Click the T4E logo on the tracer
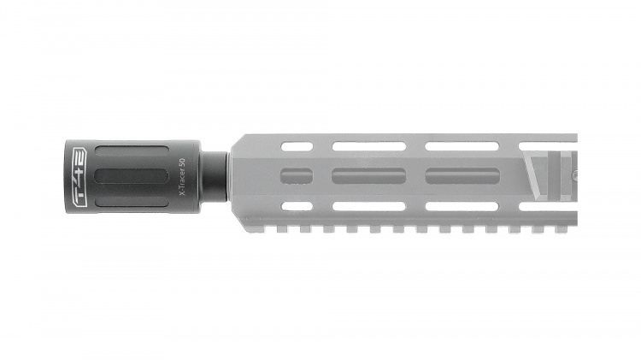(x=76, y=177)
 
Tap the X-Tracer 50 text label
(x=180, y=177)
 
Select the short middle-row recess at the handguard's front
(x=296, y=177)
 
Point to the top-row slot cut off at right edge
(x=547, y=147)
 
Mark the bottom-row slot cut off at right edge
(x=547, y=206)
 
